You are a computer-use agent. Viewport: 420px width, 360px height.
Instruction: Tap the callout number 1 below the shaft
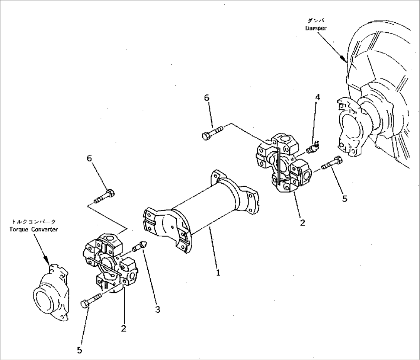pyautogui.click(x=218, y=273)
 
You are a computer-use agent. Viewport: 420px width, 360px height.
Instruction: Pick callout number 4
pyautogui.click(x=318, y=97)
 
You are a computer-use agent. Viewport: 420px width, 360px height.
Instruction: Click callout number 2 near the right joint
pyautogui.click(x=302, y=222)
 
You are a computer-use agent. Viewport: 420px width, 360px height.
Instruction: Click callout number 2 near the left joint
pyautogui.click(x=123, y=328)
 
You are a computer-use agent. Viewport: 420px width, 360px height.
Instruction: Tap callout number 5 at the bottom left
pyautogui.click(x=79, y=350)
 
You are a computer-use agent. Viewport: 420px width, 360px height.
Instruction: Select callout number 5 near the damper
pyautogui.click(x=345, y=198)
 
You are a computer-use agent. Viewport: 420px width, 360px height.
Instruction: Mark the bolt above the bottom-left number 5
pyautogui.click(x=91, y=300)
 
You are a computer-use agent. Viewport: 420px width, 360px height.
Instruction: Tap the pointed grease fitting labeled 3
pyautogui.click(x=140, y=247)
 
